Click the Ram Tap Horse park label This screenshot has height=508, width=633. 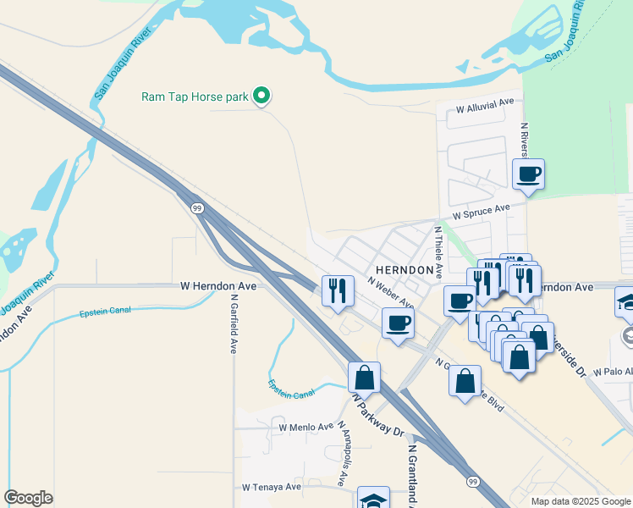195,97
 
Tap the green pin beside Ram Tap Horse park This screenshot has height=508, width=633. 262,97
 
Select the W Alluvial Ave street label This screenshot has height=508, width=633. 485,108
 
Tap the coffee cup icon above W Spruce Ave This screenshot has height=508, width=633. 529,175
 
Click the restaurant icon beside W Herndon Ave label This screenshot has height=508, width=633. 338,290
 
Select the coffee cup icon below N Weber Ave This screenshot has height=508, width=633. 398,323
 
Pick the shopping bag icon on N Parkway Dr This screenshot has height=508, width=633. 364,377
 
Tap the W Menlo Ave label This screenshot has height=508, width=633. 306,428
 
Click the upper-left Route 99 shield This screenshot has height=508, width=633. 196,208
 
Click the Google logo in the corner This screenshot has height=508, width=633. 28,498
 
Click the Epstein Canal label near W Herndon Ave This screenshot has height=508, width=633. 106,311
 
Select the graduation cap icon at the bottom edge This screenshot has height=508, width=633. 373,500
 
